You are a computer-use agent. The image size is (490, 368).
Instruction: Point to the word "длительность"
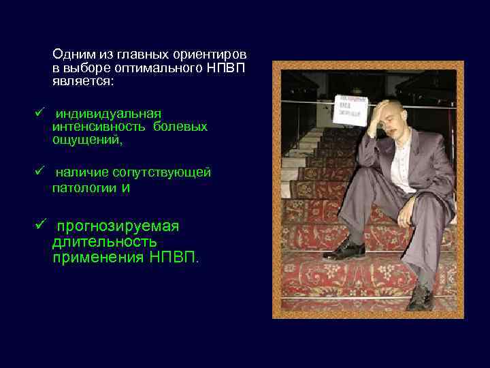[x=104, y=242]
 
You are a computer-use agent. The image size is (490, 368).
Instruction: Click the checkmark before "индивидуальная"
[x=39, y=112]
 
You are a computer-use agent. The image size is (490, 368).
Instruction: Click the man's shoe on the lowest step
[x=419, y=298]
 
